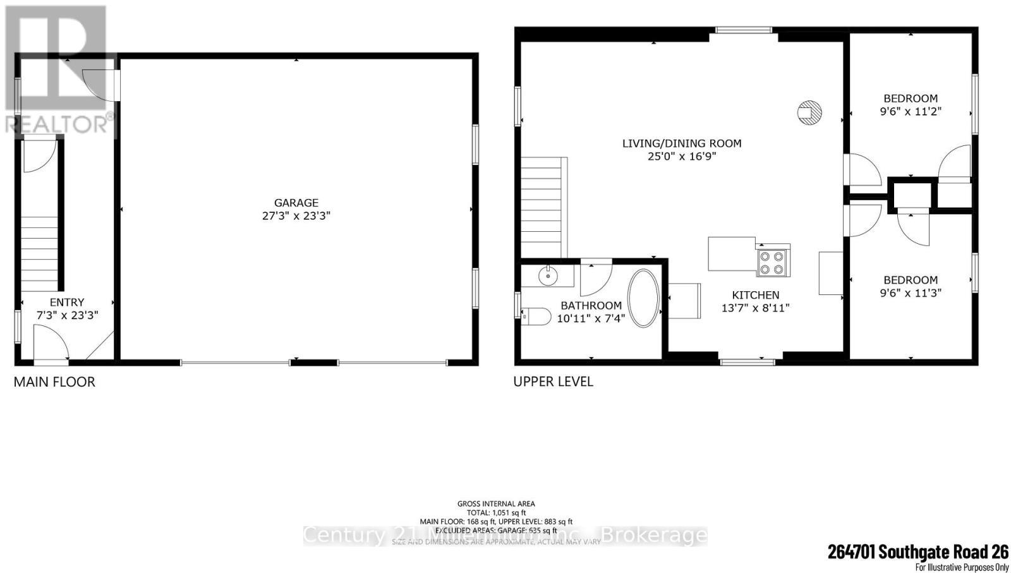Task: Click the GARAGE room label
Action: [296, 203]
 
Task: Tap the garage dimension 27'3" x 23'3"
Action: [296, 215]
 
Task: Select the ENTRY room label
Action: [67, 303]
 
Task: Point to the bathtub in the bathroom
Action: [643, 299]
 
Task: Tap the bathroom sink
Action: [547, 275]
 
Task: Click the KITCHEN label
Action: [755, 295]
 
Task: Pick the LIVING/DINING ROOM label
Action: [682, 143]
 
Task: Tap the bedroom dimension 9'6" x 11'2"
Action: [911, 111]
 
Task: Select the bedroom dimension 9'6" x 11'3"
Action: [911, 293]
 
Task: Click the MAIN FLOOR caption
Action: [54, 382]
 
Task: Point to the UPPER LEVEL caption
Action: [553, 382]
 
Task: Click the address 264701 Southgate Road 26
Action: [918, 552]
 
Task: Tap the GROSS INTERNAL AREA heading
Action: [496, 504]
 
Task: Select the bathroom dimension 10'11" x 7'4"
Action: [591, 318]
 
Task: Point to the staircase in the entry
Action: [40, 253]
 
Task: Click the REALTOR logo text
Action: [60, 124]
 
